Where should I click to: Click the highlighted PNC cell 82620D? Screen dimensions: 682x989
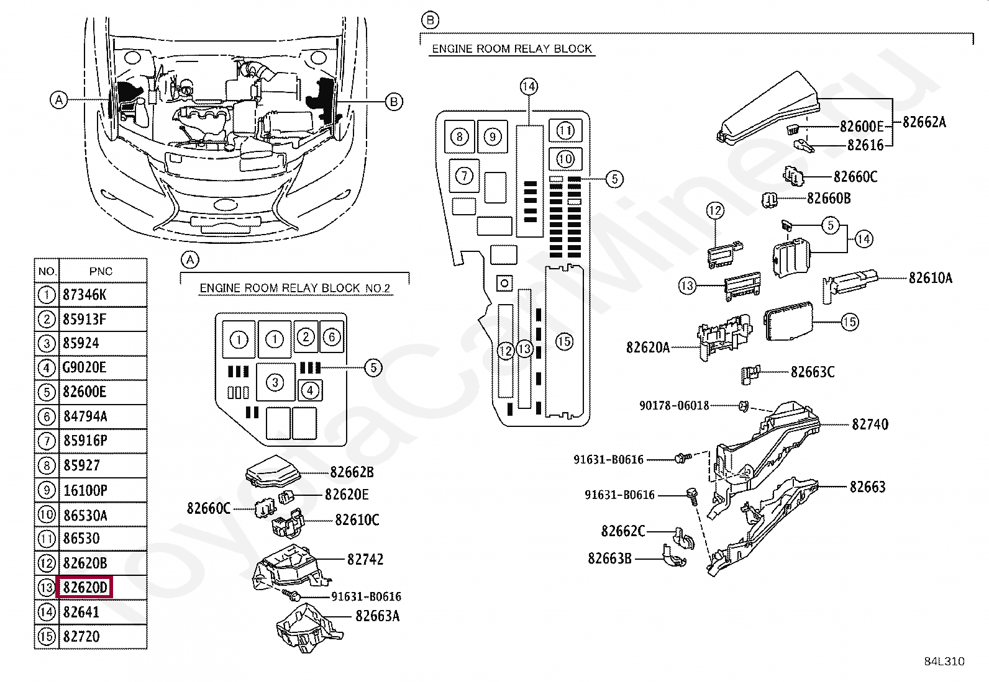click(x=84, y=587)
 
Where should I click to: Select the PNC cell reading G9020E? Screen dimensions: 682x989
click(x=84, y=367)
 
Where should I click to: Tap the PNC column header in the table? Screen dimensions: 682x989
click(x=101, y=271)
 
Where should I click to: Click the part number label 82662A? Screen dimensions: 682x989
click(x=924, y=122)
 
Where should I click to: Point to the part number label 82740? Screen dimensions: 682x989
click(x=870, y=424)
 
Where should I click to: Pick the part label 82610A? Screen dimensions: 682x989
click(x=930, y=278)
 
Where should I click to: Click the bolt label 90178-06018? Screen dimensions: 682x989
click(x=674, y=406)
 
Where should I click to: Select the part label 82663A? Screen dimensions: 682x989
click(x=378, y=616)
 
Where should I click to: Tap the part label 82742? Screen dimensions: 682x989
click(x=365, y=560)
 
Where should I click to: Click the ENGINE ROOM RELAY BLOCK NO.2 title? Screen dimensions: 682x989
click(x=295, y=288)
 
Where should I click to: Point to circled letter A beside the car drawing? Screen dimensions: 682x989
click(x=58, y=100)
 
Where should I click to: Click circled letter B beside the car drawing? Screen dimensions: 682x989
click(x=394, y=102)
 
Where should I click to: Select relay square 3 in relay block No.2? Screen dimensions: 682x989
click(x=275, y=382)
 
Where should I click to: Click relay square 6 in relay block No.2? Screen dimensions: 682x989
click(x=332, y=338)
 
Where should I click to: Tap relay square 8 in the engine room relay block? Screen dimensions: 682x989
click(x=459, y=137)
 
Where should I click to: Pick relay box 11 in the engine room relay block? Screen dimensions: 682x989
click(x=565, y=131)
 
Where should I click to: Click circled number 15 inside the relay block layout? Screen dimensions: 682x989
click(x=564, y=341)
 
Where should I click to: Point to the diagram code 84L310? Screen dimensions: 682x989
click(x=944, y=662)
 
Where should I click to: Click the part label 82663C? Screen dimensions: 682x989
click(x=812, y=372)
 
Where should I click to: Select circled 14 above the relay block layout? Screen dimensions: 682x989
click(x=529, y=87)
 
